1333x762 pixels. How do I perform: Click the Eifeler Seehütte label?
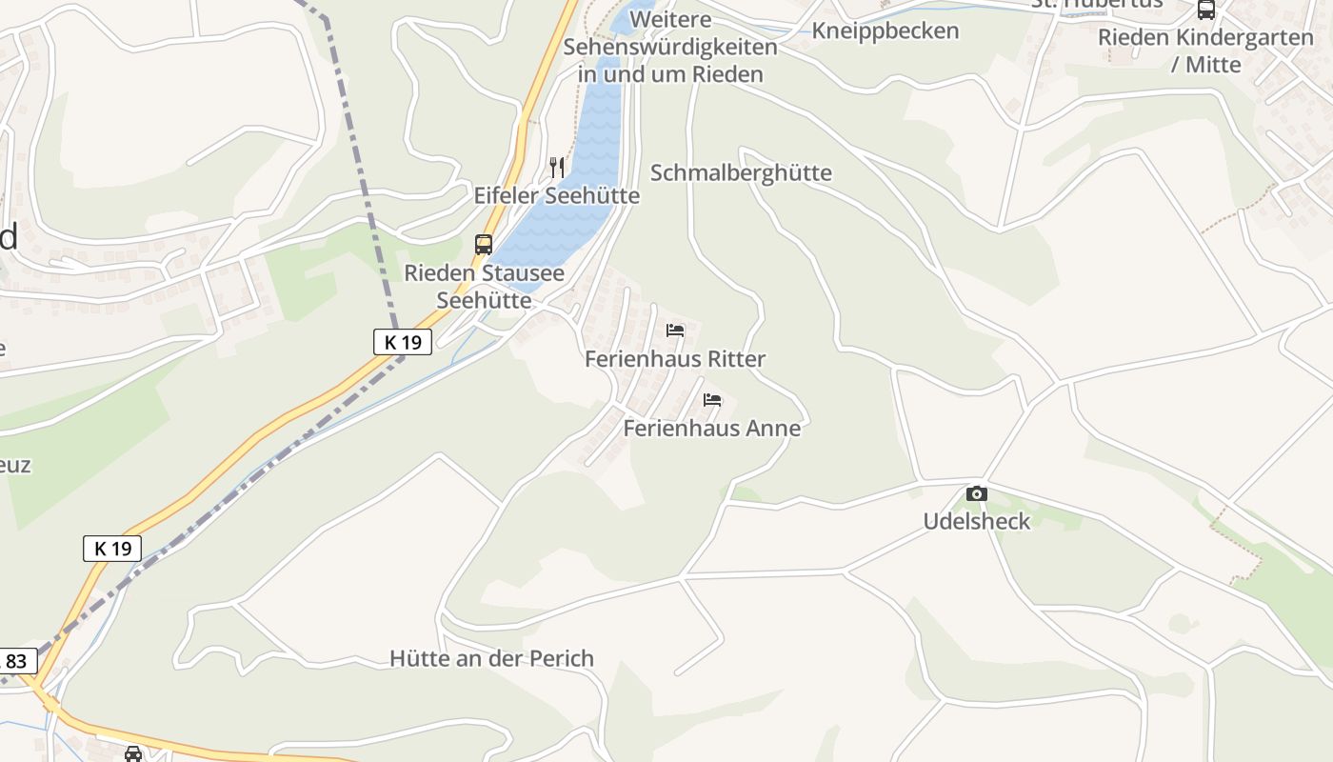point(556,196)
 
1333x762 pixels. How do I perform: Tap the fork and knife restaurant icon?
point(557,168)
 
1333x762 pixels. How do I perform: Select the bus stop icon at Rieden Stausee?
point(484,244)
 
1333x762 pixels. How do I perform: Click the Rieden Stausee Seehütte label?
point(484,286)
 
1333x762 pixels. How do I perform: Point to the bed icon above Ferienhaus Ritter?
point(675,331)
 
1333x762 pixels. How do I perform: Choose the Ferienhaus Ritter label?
point(675,359)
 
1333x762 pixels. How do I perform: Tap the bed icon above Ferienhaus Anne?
point(712,400)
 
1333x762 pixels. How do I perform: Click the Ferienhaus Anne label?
point(712,429)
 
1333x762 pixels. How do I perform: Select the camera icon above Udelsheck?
point(976,493)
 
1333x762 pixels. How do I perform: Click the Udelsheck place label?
point(977,521)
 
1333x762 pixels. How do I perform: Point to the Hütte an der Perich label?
point(491,658)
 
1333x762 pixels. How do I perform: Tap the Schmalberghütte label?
point(741,172)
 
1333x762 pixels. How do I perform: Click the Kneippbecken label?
point(885,30)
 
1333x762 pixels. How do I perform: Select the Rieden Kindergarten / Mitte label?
point(1205,50)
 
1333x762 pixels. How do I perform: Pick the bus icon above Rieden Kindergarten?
point(1205,10)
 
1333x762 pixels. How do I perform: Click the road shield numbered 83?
point(17,661)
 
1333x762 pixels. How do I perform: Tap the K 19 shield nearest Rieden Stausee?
point(403,342)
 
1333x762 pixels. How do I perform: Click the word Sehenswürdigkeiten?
point(670,47)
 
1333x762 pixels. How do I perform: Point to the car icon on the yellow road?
point(133,753)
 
